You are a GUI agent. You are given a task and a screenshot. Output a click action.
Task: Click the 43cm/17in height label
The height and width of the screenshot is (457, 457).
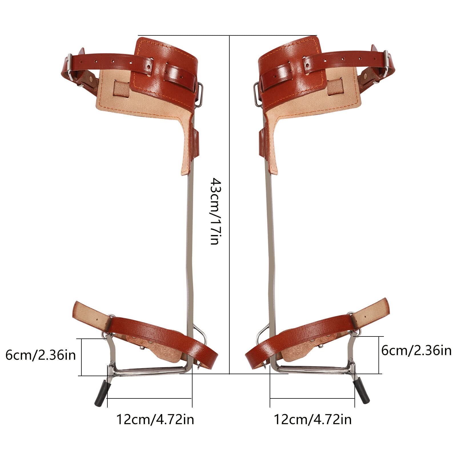(x=215, y=211)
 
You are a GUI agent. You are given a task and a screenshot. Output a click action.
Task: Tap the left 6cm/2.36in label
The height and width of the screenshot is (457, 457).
(x=41, y=355)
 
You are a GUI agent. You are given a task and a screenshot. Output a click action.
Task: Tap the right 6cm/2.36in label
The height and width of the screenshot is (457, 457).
(x=416, y=350)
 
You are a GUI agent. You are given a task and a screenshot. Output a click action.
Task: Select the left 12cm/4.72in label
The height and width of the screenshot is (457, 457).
(x=155, y=419)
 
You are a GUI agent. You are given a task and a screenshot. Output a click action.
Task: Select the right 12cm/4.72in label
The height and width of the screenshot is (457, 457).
(x=313, y=419)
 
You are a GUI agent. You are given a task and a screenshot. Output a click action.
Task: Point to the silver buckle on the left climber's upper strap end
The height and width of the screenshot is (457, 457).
(x=69, y=63)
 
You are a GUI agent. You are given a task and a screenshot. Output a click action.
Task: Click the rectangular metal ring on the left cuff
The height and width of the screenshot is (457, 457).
(x=200, y=94)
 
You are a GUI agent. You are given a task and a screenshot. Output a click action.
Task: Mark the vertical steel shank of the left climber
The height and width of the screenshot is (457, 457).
(x=190, y=243)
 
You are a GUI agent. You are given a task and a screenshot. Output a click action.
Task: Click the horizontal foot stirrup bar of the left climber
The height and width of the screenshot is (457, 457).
(x=149, y=371)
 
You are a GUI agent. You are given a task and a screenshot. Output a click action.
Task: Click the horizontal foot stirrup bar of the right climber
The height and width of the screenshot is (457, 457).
(x=311, y=370)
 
